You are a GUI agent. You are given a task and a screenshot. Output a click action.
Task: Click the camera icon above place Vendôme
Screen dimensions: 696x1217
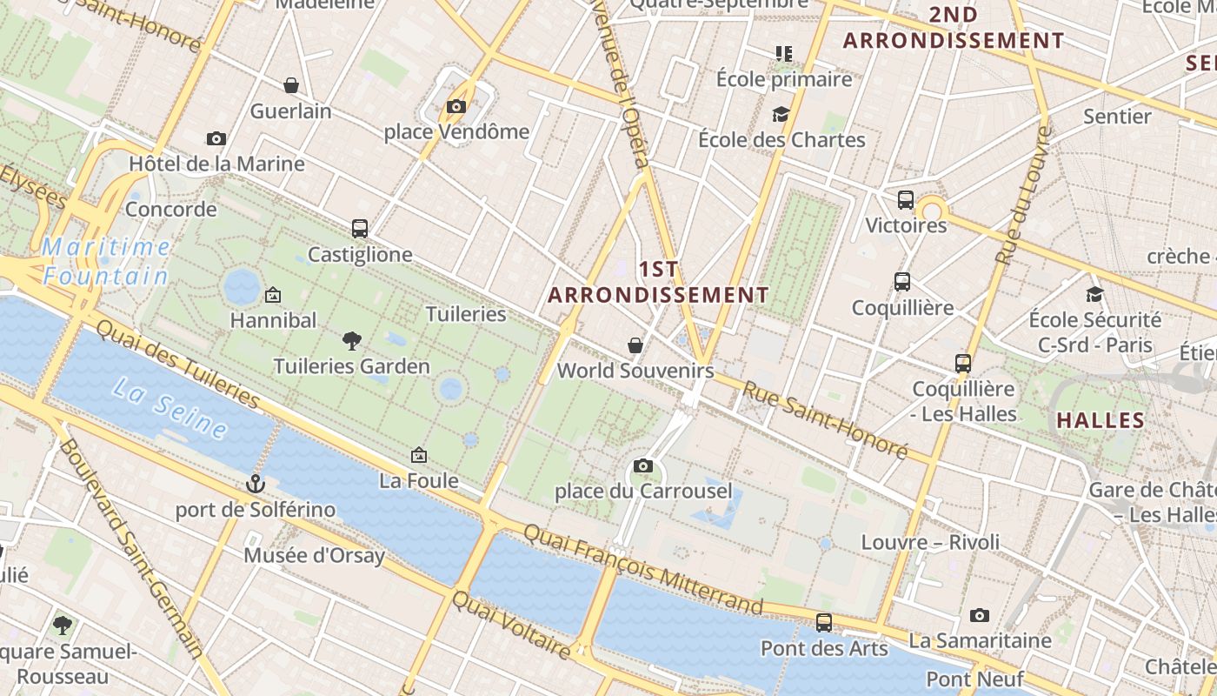pyautogui.click(x=456, y=107)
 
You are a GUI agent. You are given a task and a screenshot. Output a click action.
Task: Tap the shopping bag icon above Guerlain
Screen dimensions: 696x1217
pyautogui.click(x=291, y=85)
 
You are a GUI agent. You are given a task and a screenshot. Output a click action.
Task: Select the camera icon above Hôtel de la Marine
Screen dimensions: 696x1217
pyautogui.click(x=216, y=138)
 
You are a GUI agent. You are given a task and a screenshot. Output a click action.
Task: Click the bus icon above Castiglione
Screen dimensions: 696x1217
pyautogui.click(x=360, y=229)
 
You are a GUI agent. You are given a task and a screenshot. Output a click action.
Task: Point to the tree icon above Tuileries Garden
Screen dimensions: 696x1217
pyautogui.click(x=352, y=340)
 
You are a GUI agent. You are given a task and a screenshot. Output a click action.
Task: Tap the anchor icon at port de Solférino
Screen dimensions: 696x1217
pyautogui.click(x=255, y=483)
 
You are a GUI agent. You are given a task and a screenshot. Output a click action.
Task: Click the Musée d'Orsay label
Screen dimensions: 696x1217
pyautogui.click(x=314, y=555)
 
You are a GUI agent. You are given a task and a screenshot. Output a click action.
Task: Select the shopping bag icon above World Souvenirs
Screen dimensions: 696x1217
pyautogui.click(x=635, y=345)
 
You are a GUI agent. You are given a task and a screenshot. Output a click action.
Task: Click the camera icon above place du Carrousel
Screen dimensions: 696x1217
pyautogui.click(x=643, y=465)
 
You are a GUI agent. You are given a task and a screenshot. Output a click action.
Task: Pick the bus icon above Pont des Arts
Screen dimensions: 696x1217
pyautogui.click(x=824, y=623)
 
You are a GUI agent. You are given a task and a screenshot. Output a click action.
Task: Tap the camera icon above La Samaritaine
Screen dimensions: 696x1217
pyautogui.click(x=980, y=615)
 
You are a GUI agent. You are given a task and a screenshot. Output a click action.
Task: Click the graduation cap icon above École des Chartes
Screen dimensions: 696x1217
pyautogui.click(x=781, y=114)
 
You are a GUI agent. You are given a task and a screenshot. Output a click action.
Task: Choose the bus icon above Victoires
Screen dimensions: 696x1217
pyautogui.click(x=906, y=200)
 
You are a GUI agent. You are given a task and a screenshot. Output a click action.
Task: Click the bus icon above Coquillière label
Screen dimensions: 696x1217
pyautogui.click(x=902, y=282)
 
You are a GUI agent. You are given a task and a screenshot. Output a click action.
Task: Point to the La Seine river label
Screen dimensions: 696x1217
pyautogui.click(x=170, y=409)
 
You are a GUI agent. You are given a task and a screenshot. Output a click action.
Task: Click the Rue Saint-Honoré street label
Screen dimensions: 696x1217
pyautogui.click(x=824, y=420)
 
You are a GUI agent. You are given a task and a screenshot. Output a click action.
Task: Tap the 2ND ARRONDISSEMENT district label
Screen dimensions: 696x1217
pyautogui.click(x=954, y=28)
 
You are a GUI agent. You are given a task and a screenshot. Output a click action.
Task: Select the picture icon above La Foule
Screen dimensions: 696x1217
pyautogui.click(x=419, y=454)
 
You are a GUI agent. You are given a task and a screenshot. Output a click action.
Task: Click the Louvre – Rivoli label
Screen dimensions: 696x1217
pyautogui.click(x=930, y=542)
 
